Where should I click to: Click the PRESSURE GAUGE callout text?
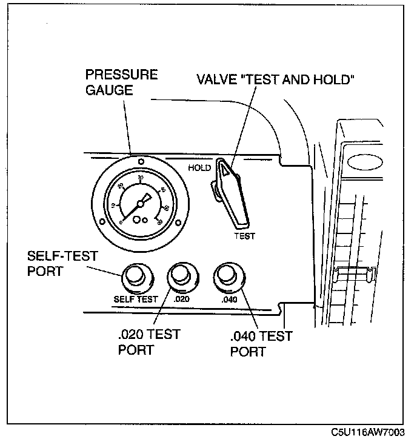coord(121,82)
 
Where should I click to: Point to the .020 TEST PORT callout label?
coord(148,343)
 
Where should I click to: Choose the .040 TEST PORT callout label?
coord(261,344)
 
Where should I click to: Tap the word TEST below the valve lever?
coord(245,236)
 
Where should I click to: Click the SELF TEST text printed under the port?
coord(136,299)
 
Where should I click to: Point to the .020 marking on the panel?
coord(181,299)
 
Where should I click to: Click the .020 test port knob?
coord(180,276)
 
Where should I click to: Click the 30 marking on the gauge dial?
coord(141,178)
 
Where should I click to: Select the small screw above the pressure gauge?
coord(141,161)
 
